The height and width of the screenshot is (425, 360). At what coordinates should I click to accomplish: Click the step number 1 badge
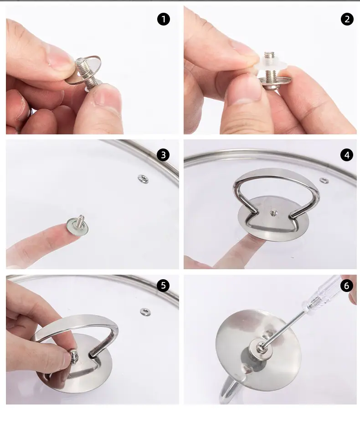coord(164,19)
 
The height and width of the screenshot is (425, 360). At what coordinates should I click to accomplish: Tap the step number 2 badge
coord(347,19)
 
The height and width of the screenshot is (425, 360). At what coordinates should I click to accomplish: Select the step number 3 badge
coord(163,155)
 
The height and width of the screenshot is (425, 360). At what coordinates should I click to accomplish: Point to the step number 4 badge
coord(347,155)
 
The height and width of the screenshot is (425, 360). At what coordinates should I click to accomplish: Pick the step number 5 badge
coord(163,285)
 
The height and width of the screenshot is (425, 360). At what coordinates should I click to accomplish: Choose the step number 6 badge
coord(346,286)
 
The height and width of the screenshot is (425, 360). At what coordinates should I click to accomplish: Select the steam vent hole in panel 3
coord(143,179)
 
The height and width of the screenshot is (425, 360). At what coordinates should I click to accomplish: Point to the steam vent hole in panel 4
coord(324,180)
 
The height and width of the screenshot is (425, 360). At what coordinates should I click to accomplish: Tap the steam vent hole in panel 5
coord(145,312)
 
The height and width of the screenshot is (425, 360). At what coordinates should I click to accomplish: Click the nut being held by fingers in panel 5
coord(74,356)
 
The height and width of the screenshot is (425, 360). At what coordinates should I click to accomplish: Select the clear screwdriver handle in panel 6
coord(323,295)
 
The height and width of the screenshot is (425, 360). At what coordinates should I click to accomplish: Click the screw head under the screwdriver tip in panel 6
coord(261,348)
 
